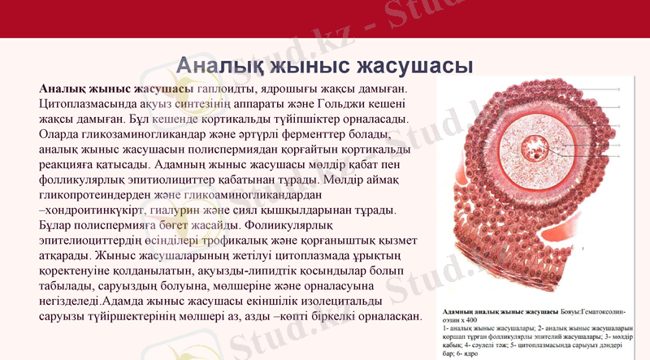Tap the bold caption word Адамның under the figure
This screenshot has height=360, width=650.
click(457, 312)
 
